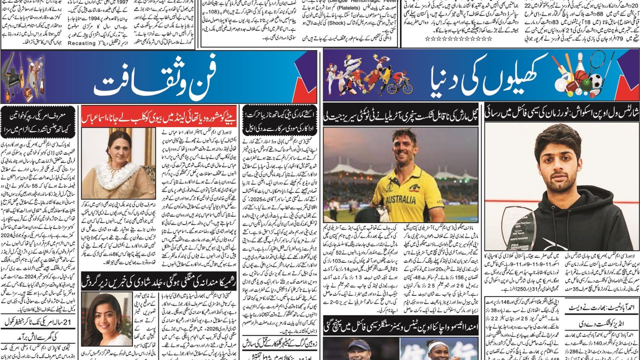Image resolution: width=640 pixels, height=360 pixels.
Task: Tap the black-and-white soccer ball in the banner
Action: [595, 81]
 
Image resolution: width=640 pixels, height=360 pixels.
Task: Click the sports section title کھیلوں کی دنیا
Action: [477, 77]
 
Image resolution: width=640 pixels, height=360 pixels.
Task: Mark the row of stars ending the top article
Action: [447, 38]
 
